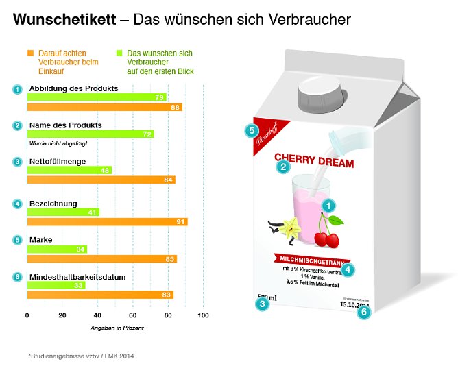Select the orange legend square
tap(29, 53)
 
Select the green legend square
tap(119, 53)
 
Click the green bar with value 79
tap(96, 97)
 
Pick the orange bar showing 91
tap(106, 222)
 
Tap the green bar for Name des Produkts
tap(89, 134)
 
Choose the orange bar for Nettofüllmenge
tap(100, 180)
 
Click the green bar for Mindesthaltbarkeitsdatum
tap(56, 285)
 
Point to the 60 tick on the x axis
tap(132, 315)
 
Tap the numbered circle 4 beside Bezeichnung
tap(17, 204)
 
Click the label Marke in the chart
tap(40, 240)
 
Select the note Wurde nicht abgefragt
tap(58, 143)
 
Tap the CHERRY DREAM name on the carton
tap(314, 163)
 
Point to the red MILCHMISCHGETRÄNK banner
tap(315, 260)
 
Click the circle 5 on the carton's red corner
tap(252, 130)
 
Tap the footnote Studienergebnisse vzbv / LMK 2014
tap(82, 355)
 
